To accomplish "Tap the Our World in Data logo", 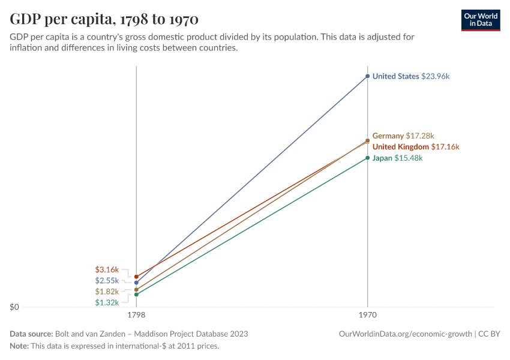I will [481, 20].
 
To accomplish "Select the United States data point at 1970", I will [368, 76].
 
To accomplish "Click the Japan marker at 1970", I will [368, 158].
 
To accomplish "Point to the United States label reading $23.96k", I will [410, 76].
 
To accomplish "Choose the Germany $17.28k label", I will [403, 136].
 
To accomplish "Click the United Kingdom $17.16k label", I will [415, 147].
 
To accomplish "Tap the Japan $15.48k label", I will [397, 158].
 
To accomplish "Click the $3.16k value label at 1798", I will [107, 270].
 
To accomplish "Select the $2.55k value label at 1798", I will [107, 281].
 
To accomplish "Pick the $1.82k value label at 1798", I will [107, 292].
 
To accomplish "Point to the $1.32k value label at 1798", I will [107, 302].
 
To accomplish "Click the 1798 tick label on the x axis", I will [136, 314].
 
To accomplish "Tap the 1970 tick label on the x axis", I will [368, 314].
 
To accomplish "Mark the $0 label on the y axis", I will [14, 307].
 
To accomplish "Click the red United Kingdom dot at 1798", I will [136, 277].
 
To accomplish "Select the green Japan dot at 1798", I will [136, 295].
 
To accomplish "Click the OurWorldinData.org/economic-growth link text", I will [405, 334].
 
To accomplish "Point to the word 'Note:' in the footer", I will [19, 346].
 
